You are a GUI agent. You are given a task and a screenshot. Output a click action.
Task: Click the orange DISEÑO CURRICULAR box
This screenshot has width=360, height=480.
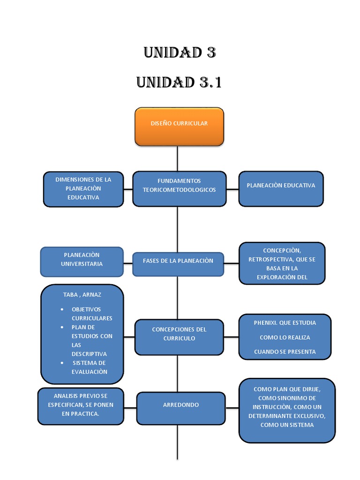coord(179,126)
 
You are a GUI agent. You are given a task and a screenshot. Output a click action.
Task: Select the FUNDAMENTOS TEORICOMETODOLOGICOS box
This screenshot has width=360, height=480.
coord(179,188)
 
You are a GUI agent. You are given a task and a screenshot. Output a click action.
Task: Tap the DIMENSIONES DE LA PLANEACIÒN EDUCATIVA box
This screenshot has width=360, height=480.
coord(83,188)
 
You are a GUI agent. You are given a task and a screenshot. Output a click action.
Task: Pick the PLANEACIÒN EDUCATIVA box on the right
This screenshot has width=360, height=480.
coord(281,188)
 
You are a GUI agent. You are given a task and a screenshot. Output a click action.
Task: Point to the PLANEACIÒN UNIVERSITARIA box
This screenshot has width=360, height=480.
coord(82,261)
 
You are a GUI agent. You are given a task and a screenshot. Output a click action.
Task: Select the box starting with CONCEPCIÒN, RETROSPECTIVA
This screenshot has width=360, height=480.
coord(282,263)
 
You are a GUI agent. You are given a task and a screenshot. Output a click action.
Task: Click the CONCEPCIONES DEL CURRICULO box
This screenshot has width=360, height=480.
coord(179,337)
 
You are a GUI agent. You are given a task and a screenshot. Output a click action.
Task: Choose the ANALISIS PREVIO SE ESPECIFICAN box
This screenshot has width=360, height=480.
coord(81,406)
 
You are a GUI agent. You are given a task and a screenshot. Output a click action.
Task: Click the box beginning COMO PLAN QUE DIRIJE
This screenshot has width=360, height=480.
coord(287,410)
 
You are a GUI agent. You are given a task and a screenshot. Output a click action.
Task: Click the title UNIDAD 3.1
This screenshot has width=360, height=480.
coord(179,82)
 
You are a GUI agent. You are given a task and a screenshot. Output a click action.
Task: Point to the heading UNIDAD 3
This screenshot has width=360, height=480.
coord(180,52)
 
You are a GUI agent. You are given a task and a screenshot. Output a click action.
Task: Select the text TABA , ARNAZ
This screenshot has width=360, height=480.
coord(82,295)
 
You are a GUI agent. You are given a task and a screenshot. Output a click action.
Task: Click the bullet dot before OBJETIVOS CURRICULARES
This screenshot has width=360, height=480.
coord(63,310)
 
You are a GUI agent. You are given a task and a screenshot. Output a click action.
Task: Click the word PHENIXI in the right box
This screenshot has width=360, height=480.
coord(266,323)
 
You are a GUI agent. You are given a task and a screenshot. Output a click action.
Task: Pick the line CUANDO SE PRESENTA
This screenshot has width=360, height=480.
coord(285,352)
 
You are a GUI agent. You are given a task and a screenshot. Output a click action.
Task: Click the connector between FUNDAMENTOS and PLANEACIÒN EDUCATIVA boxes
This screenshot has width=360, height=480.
coord(232,189)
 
